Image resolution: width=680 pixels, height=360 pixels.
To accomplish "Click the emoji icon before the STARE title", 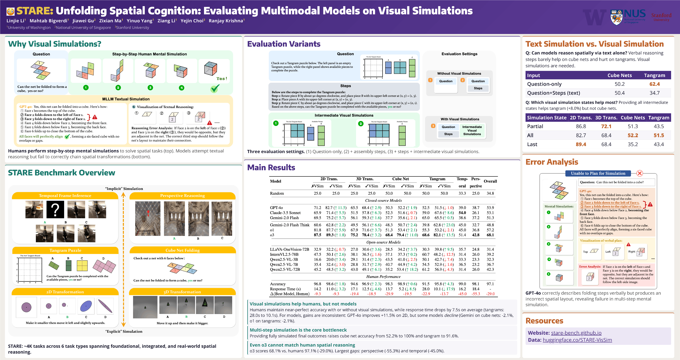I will coord(10,11).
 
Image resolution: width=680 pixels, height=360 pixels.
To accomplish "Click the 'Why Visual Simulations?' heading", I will coord(55,44).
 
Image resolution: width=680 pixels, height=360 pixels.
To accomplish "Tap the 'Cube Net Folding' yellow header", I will coord(182,250).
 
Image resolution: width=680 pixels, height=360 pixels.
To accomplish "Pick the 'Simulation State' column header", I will coord(546,118).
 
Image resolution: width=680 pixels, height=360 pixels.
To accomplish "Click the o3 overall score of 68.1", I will coord(490,235).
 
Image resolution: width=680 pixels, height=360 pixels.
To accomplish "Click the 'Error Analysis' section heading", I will coord(552,162).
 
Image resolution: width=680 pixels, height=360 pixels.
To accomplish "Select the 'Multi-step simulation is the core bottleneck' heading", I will coord(298,330).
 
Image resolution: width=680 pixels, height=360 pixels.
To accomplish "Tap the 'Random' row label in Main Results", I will coord(277,193).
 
